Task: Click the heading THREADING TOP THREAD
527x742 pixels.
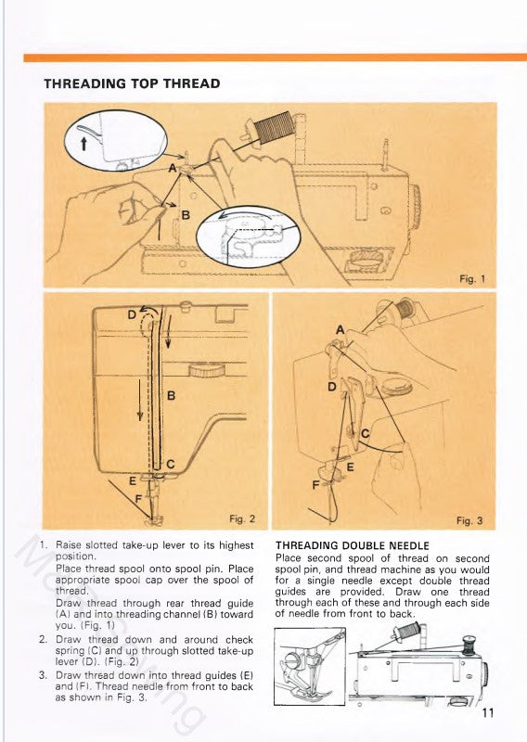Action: click(x=132, y=83)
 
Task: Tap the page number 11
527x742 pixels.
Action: click(x=490, y=713)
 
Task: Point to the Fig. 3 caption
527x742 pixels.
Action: click(x=469, y=520)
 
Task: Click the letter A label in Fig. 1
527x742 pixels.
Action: click(x=173, y=168)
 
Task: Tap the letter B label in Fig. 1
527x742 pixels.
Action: click(x=186, y=214)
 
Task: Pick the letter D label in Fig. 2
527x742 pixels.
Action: click(x=132, y=315)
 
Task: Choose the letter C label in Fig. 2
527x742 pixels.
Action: click(x=171, y=463)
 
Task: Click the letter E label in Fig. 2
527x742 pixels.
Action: click(x=132, y=480)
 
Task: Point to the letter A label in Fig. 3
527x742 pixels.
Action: click(x=340, y=330)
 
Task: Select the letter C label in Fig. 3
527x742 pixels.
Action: click(x=365, y=433)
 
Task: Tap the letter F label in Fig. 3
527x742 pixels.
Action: click(x=315, y=485)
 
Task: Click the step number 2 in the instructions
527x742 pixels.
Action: click(x=44, y=640)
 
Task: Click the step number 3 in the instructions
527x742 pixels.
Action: click(x=44, y=675)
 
